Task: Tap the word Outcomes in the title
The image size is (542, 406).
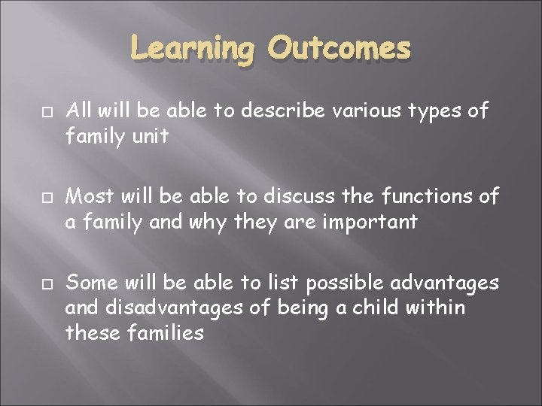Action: tap(340, 49)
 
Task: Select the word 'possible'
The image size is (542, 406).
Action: tap(342, 283)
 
